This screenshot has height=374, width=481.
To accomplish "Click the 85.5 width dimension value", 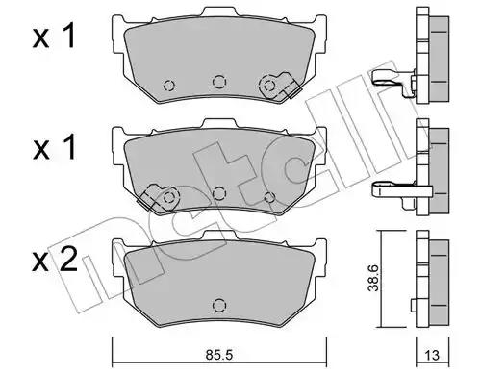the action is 219,355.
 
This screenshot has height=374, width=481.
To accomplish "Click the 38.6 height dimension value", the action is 373,278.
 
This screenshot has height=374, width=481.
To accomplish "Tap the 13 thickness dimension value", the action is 433,355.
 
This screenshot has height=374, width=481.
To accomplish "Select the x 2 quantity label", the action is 55,259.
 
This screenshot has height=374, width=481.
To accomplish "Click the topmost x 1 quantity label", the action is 54,37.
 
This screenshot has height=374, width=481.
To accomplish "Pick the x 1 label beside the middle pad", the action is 54,147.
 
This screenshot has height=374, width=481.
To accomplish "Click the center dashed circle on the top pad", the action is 219,82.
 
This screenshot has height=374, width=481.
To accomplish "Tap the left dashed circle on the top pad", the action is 169,86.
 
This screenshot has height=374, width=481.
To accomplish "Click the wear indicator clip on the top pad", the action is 280,86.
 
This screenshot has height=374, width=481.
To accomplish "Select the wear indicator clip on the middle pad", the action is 158,197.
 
